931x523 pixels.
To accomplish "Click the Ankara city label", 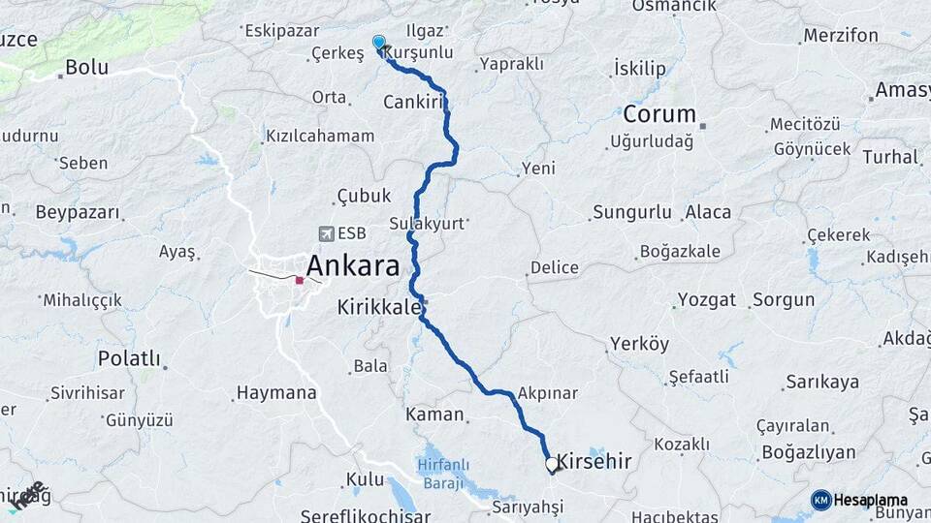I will pos(353,265).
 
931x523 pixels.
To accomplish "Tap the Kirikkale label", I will pos(378,307).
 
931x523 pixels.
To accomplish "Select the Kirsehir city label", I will pos(594,462).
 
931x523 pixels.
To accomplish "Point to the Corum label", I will pos(659,113).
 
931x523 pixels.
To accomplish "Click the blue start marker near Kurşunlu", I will pos(379,44).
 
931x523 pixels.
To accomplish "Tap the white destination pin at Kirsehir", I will pos(552,465).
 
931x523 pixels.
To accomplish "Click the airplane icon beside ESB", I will pos(325,233).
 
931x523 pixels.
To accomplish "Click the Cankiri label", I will pos(413,102).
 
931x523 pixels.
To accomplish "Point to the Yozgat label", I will pos(707,299).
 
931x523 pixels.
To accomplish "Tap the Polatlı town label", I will pos(129,358).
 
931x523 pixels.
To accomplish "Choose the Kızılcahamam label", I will pos(320,136).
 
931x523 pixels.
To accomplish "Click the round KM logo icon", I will pos(820,500).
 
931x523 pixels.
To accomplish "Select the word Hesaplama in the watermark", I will pos(872,500).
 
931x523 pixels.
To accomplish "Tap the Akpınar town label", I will pos(548,393).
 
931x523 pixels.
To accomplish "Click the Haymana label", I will pos(276,393).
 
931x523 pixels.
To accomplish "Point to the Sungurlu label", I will pos(631,211).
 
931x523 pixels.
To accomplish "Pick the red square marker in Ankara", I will pos(300,281).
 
